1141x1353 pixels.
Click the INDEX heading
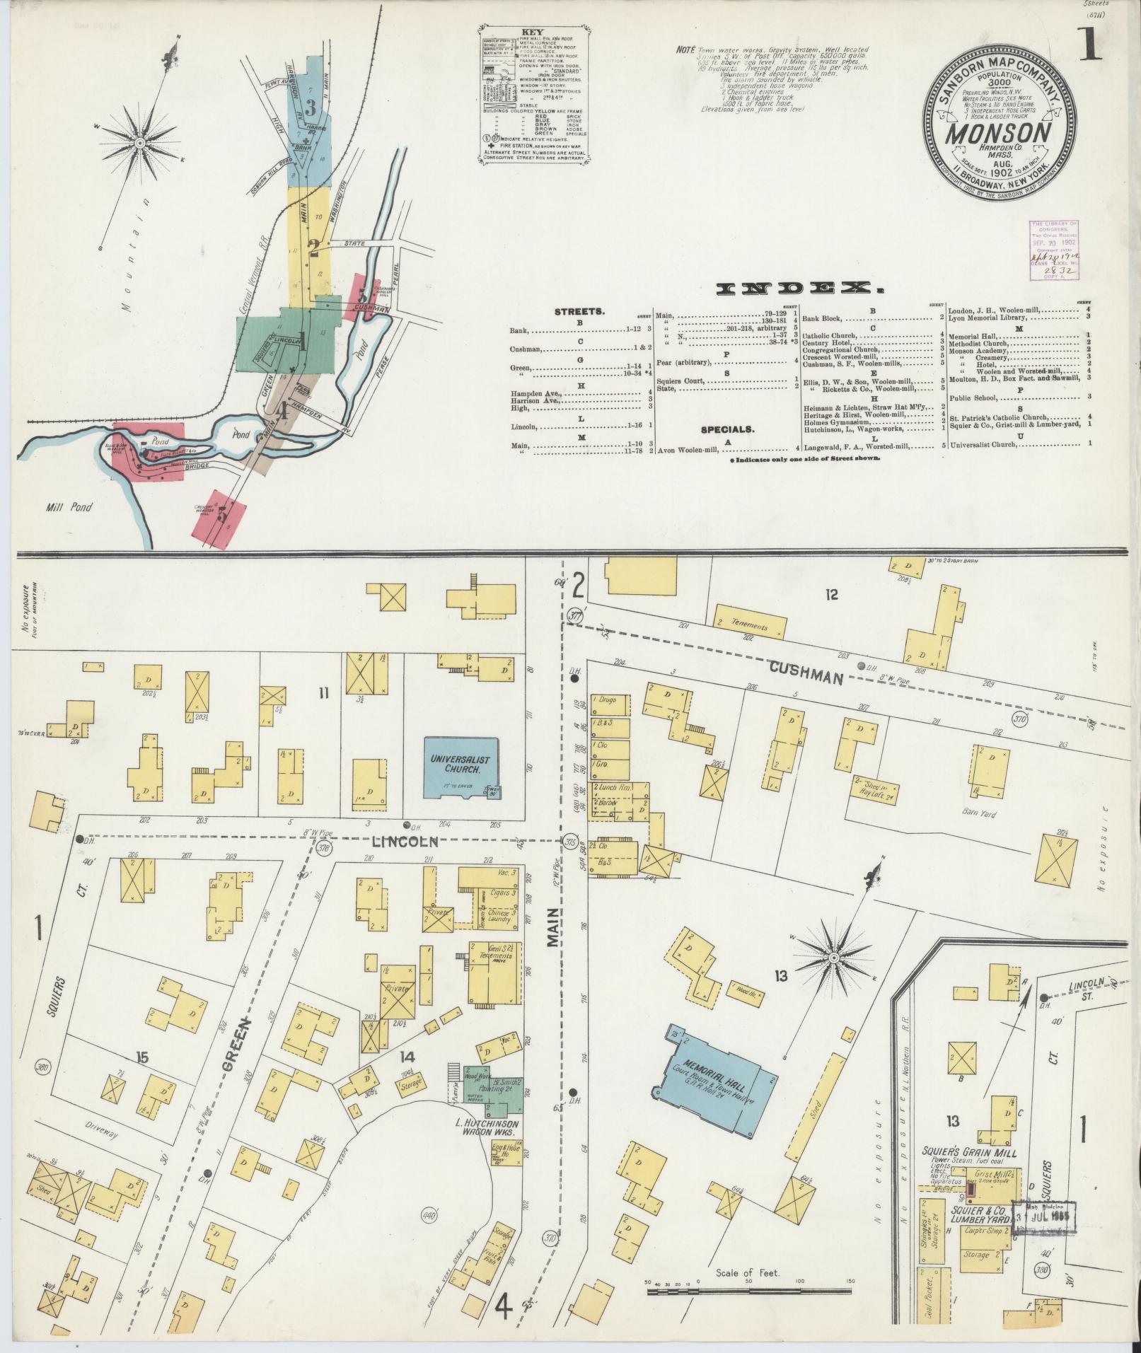tap(800, 289)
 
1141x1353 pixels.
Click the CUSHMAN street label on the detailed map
tap(806, 672)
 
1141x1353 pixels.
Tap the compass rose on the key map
tap(140, 144)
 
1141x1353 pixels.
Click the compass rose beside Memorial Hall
tap(833, 958)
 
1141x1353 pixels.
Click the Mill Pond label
tap(64, 507)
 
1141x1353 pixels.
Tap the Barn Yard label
tap(979, 813)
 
